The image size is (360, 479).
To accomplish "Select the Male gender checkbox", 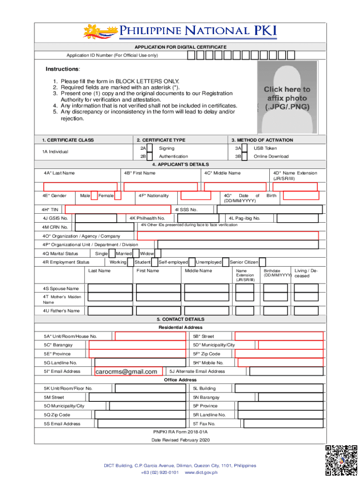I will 94,196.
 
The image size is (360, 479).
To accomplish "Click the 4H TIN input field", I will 117,210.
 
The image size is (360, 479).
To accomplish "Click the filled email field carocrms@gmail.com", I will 128,371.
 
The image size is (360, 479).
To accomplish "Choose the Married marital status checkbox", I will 136,254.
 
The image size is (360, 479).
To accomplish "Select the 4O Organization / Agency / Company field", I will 228,236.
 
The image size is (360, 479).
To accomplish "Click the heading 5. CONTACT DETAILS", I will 180,319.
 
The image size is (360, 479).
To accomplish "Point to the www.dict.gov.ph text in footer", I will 201,472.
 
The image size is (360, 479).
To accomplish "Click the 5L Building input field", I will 279,388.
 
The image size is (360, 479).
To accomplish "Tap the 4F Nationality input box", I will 195,196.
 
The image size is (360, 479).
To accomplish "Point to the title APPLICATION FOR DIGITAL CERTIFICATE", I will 180,47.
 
